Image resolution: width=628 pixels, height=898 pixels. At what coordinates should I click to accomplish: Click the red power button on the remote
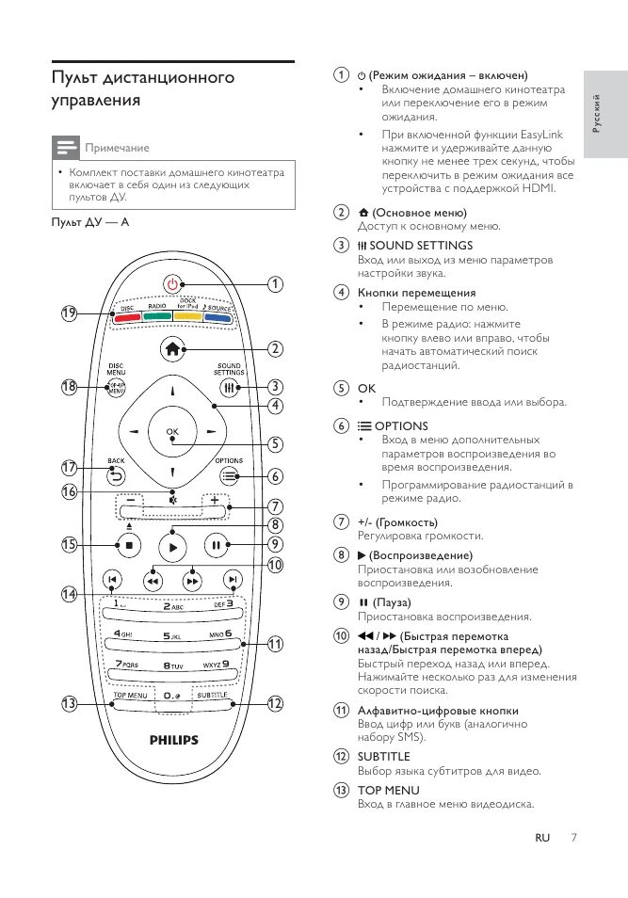click(170, 283)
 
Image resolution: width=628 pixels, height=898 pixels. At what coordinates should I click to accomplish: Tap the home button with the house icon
click(171, 347)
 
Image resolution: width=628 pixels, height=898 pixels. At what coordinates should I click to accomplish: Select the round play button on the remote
click(171, 544)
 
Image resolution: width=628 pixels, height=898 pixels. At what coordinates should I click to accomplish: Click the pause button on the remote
click(216, 544)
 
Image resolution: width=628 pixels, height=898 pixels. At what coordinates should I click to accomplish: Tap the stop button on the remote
click(128, 544)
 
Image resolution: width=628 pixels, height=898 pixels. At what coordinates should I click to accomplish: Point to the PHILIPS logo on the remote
click(174, 740)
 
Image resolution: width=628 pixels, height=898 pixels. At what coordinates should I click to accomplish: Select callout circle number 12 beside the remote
click(275, 703)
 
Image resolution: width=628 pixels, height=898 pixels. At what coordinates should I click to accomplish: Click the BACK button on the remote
click(116, 475)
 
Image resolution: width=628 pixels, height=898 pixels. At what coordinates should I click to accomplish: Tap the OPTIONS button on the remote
click(229, 475)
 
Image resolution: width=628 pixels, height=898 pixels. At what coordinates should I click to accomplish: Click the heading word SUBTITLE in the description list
click(383, 756)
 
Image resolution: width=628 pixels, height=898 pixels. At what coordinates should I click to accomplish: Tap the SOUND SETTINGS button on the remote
click(229, 387)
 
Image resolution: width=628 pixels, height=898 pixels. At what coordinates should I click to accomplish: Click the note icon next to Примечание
click(65, 148)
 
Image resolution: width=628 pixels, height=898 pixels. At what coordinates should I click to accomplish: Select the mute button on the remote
click(172, 499)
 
